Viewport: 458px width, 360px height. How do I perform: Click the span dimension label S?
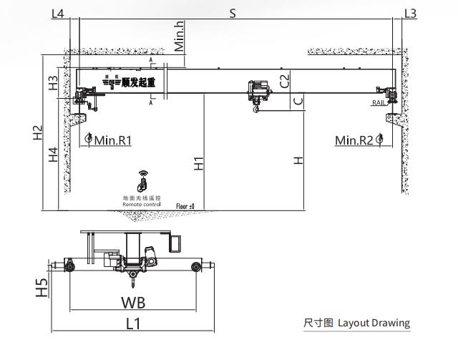pyautogui.click(x=232, y=13)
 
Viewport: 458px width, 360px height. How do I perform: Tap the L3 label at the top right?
pyautogui.click(x=410, y=13)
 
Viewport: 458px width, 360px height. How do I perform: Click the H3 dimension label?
pyautogui.click(x=53, y=83)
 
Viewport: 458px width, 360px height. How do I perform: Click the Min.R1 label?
pyautogui.click(x=113, y=140)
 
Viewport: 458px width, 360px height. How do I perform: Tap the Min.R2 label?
pyautogui.click(x=354, y=140)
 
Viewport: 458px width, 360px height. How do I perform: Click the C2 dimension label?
pyautogui.click(x=284, y=80)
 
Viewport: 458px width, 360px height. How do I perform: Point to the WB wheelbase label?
pyautogui.click(x=132, y=301)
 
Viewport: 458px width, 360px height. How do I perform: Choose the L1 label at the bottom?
pyautogui.click(x=133, y=323)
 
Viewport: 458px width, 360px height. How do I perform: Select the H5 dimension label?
pyautogui.click(x=43, y=287)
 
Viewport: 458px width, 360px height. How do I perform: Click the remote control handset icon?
pyautogui.click(x=142, y=180)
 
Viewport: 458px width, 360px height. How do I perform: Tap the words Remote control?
pyautogui.click(x=142, y=204)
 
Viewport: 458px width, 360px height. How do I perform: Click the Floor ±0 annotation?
pyautogui.click(x=185, y=206)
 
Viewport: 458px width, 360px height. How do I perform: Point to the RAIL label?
pyautogui.click(x=379, y=103)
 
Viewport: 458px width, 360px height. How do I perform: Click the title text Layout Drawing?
pyautogui.click(x=374, y=323)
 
